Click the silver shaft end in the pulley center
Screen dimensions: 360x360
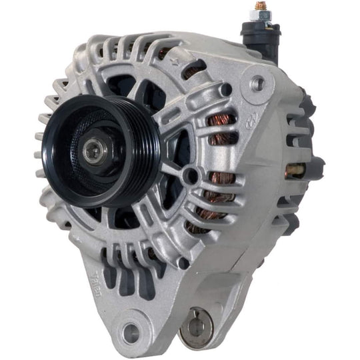[91, 150]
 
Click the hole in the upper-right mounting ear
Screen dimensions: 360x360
[257, 83]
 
